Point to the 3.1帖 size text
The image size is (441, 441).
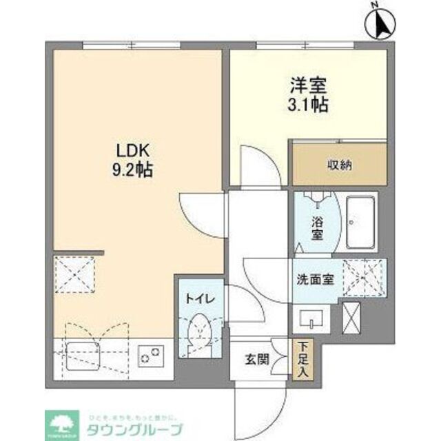coord(308,105)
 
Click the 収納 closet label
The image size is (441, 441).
coord(338,165)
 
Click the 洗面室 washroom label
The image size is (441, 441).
coord(316,279)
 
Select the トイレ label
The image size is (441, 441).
coord(200,299)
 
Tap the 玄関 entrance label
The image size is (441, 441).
coord(253,359)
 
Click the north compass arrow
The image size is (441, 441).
coord(381,26)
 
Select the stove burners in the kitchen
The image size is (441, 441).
coord(151,356)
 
